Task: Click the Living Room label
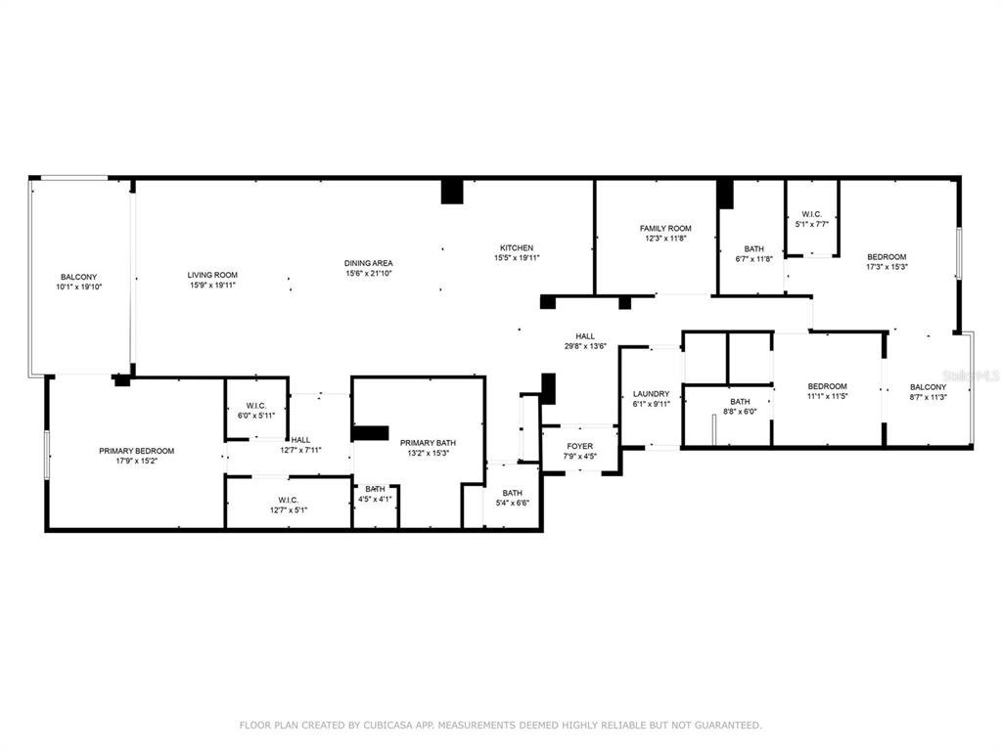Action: (x=212, y=275)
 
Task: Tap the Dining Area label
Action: (x=369, y=263)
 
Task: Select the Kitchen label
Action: (x=517, y=247)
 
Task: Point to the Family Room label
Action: (x=665, y=228)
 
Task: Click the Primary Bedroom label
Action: (x=137, y=451)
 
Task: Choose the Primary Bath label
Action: (x=429, y=443)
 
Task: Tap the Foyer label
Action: (x=579, y=446)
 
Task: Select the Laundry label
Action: (x=651, y=394)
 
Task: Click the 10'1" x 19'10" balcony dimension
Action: (x=79, y=287)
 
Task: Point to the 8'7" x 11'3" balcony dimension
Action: (x=928, y=397)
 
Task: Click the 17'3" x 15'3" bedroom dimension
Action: (x=887, y=267)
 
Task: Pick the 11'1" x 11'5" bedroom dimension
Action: (x=827, y=397)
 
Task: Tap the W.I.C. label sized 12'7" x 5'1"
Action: (x=289, y=500)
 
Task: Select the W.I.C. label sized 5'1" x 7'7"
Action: (x=811, y=214)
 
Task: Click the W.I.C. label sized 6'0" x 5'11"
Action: (x=256, y=406)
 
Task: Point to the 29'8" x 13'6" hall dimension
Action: (x=585, y=347)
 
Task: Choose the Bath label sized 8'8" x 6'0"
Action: (x=740, y=402)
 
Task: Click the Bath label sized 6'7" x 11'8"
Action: (x=754, y=249)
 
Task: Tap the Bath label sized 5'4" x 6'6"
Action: (x=513, y=493)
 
